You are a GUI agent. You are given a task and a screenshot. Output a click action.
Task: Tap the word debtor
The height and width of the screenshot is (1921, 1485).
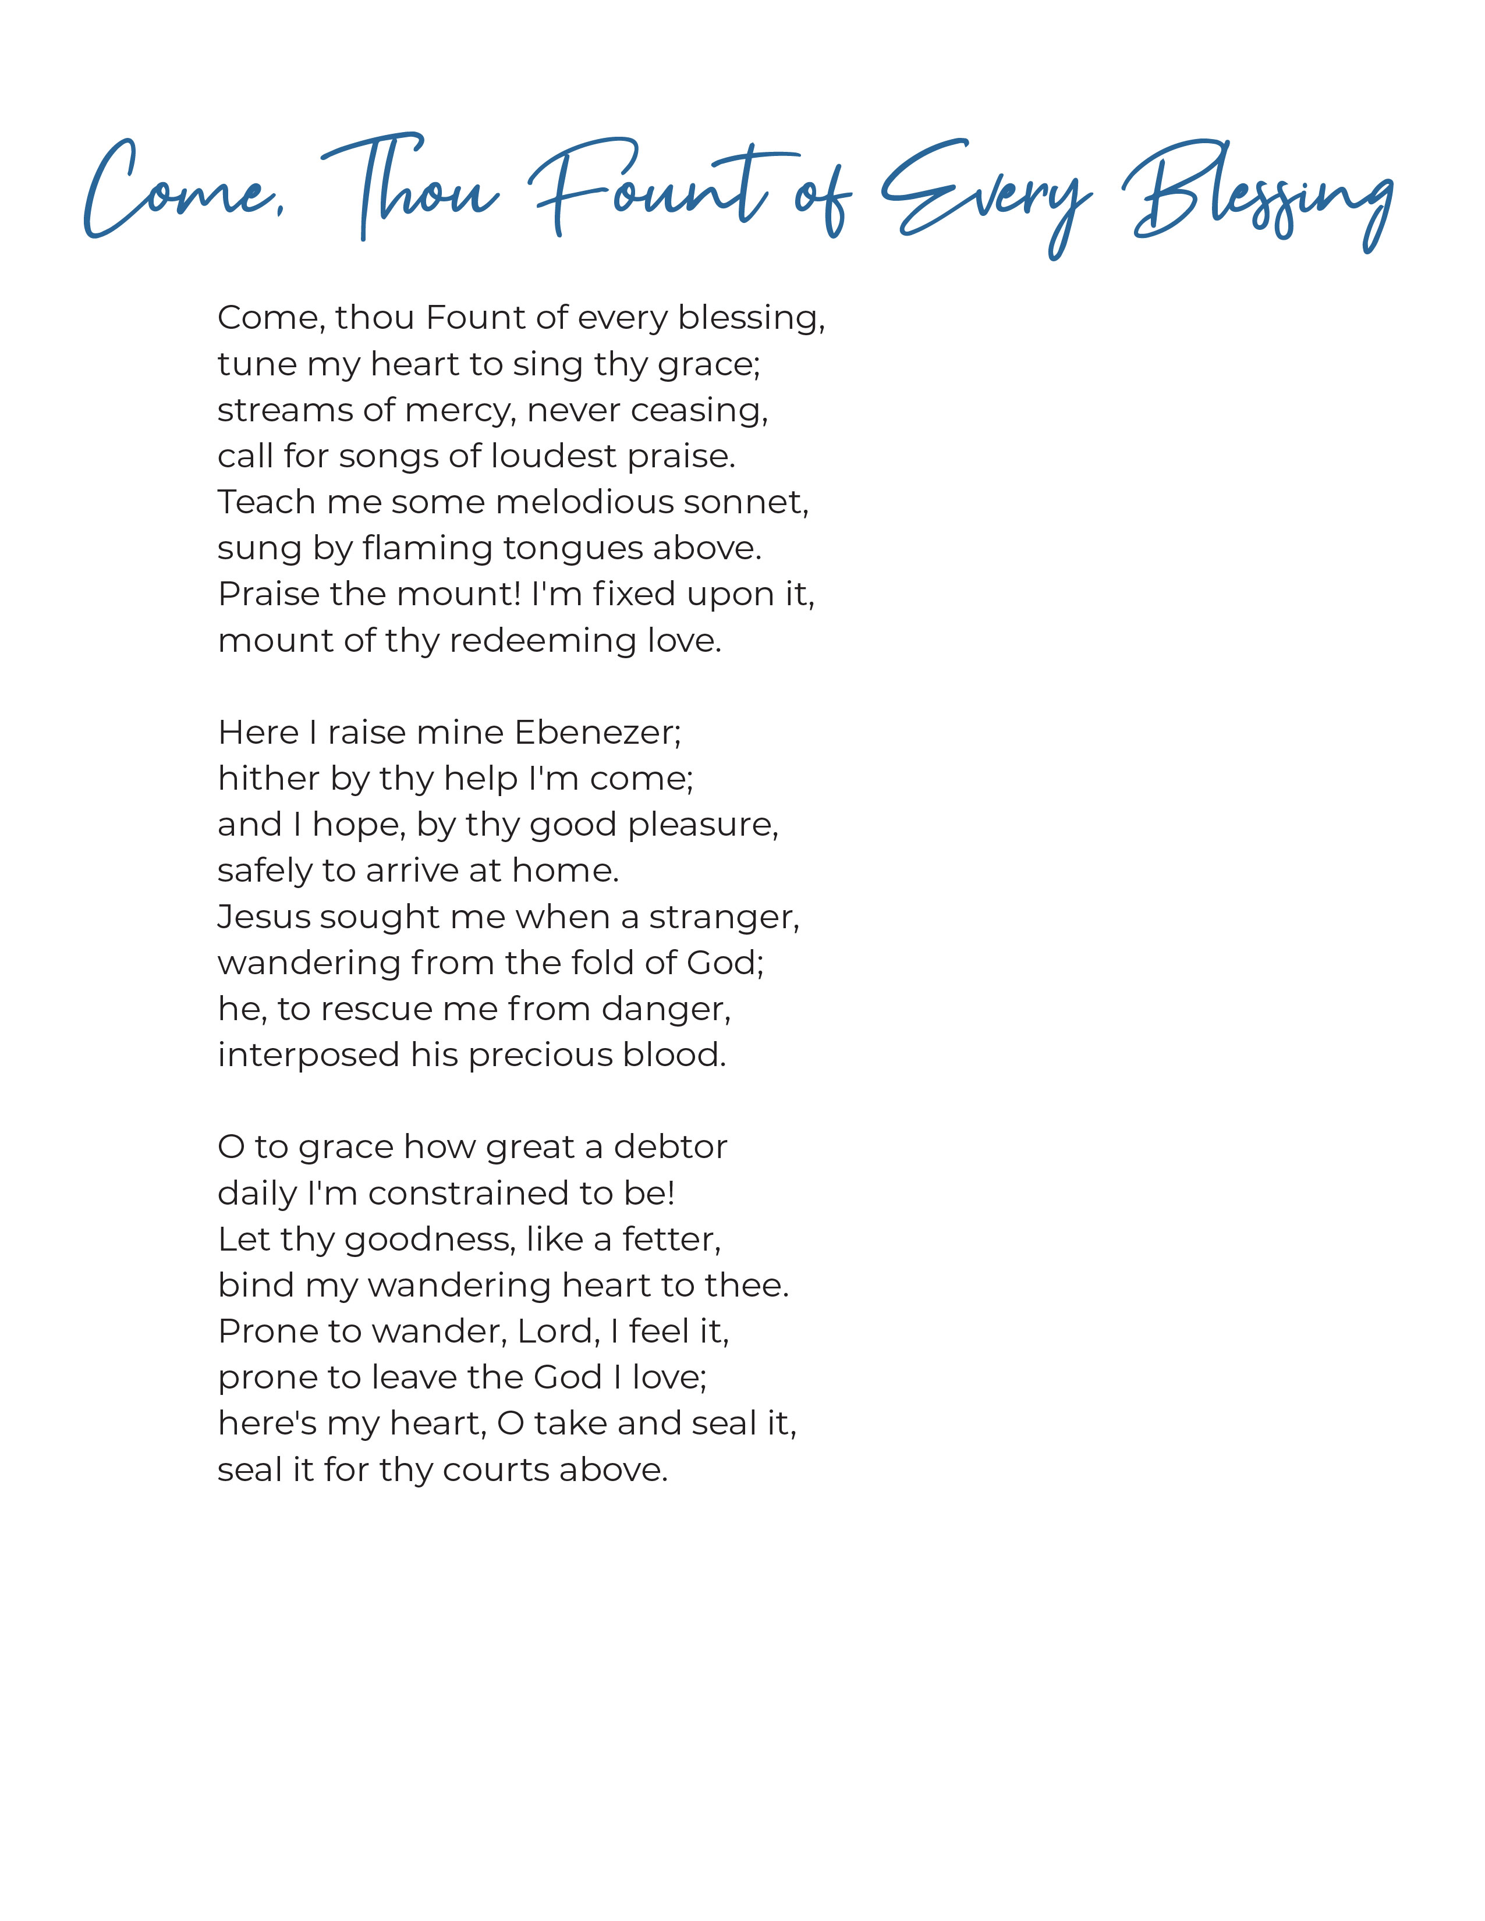671,1147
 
